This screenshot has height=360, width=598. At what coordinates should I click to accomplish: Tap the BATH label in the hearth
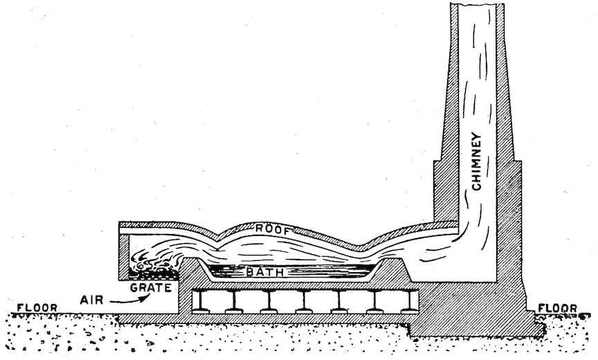(x=264, y=272)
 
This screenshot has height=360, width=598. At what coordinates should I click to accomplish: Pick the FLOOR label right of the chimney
(x=557, y=308)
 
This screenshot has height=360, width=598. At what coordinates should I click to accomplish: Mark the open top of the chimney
(x=478, y=7)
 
